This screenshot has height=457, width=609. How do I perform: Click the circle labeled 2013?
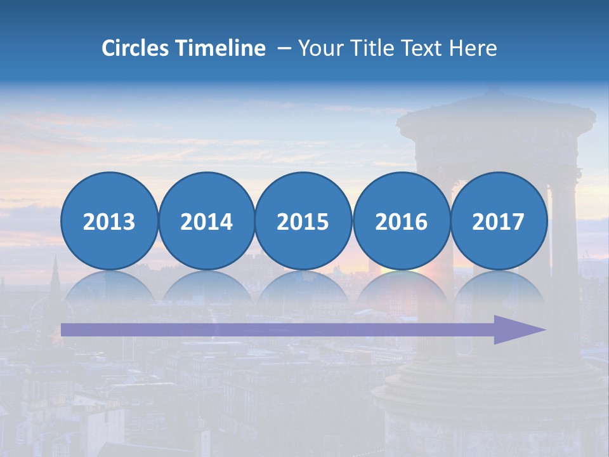(x=109, y=222)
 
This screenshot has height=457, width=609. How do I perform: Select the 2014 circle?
(x=207, y=222)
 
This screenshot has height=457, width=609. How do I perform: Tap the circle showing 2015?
(x=303, y=222)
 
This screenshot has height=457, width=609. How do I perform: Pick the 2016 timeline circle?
(x=402, y=222)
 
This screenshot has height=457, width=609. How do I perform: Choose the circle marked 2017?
(x=499, y=222)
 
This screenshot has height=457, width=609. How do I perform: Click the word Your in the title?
(x=318, y=48)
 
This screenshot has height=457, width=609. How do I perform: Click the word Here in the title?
(x=473, y=48)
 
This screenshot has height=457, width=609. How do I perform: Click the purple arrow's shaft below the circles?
(x=273, y=330)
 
